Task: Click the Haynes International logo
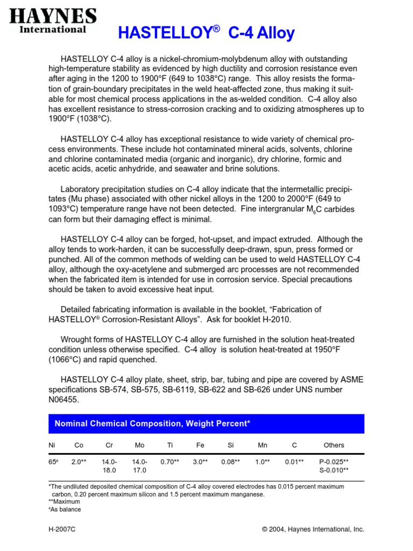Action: click(x=53, y=21)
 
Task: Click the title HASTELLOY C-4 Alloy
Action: click(x=206, y=33)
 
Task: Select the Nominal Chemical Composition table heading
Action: click(x=153, y=424)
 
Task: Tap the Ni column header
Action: click(x=52, y=445)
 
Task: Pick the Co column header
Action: click(x=79, y=445)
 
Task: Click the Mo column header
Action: click(x=139, y=445)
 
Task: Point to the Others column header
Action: click(x=334, y=445)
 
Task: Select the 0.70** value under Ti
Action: click(x=170, y=462)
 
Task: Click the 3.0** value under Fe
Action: click(x=201, y=462)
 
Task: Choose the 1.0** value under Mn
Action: click(x=262, y=462)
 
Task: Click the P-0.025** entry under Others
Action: click(x=334, y=462)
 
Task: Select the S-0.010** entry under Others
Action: click(x=334, y=470)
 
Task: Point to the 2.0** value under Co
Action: click(x=79, y=462)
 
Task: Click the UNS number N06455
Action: click(x=64, y=399)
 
